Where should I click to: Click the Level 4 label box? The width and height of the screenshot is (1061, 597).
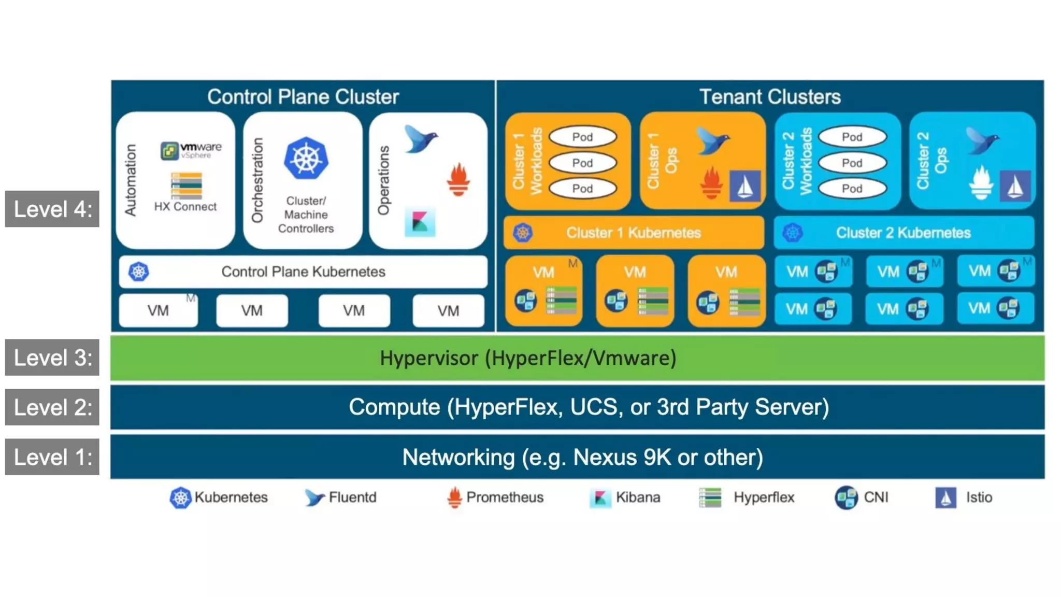(52, 209)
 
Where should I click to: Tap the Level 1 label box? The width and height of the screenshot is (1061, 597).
(52, 457)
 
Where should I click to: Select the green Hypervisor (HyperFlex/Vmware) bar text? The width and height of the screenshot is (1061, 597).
(528, 358)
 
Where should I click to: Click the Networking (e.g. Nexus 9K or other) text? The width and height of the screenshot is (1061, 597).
(582, 457)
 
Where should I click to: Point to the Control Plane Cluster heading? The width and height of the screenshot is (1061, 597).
(303, 97)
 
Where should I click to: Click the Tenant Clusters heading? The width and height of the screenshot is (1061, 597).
(770, 97)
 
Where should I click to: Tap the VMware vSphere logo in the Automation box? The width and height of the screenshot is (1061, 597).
(191, 150)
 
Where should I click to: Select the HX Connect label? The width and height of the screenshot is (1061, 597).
(185, 206)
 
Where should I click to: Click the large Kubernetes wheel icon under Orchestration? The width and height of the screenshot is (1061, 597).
(306, 158)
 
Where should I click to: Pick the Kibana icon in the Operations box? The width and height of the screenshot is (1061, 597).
(420, 222)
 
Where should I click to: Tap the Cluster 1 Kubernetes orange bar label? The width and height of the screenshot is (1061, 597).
(633, 233)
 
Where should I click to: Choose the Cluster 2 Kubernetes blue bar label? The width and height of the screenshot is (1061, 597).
(903, 233)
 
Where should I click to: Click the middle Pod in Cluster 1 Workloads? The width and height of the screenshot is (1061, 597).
(582, 163)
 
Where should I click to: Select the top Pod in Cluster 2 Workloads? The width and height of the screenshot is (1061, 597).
(852, 137)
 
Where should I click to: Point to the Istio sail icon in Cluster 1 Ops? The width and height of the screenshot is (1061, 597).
(744, 186)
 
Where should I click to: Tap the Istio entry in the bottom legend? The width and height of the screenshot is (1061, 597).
(964, 497)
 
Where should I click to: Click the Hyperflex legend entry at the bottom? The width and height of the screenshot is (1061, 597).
(747, 497)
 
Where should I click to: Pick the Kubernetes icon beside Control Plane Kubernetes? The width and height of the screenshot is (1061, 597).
(139, 272)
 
